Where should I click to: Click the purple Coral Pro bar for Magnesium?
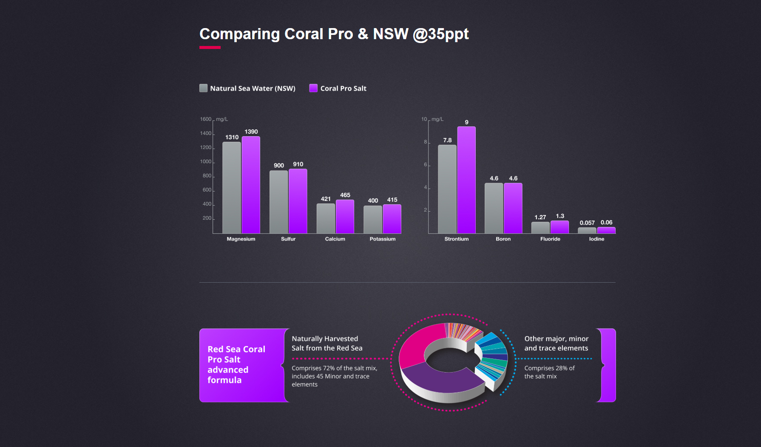251,185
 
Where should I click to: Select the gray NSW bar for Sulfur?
278,202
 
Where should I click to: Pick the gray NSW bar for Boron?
494,208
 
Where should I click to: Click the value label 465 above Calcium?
345,195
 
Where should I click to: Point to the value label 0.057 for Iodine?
587,223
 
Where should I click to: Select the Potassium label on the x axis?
383,239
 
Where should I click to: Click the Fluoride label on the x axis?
550,239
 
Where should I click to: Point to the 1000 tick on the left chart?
206,162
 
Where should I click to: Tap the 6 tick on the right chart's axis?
426,165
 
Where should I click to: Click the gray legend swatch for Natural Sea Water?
204,88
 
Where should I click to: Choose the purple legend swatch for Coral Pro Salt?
313,88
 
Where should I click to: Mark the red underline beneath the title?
210,47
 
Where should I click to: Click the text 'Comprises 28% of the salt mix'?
549,372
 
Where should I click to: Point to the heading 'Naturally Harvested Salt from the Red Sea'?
327,343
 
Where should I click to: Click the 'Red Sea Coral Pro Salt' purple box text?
236,364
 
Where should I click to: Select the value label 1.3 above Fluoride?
560,216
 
